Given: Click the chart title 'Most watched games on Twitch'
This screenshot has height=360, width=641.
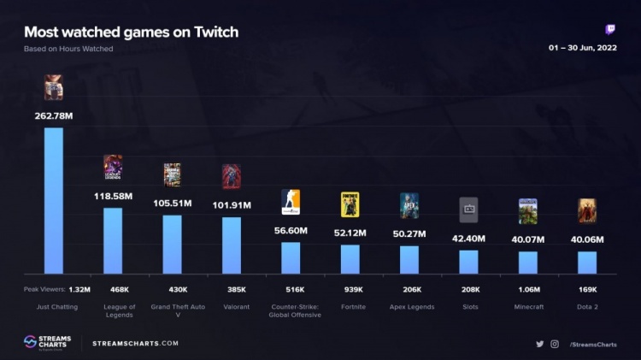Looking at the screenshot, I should click(131, 32).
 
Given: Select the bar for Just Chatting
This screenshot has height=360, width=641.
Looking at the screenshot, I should click(54, 200).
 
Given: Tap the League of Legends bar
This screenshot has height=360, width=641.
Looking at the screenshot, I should click(113, 240).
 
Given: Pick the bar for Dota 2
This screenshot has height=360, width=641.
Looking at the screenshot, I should click(587, 262).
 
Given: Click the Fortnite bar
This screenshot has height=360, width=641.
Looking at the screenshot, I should click(350, 258).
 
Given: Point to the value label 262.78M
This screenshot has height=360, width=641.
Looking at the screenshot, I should click(54, 116).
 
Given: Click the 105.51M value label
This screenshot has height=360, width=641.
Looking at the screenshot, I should click(172, 204).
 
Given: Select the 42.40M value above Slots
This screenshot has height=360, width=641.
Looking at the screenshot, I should click(468, 239).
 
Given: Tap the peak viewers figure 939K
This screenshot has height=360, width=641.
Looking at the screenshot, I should click(350, 290).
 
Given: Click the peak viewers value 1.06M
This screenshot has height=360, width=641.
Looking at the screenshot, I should click(527, 290).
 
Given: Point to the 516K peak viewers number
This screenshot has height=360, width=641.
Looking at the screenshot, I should click(291, 290).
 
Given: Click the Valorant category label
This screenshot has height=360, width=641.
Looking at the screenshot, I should click(232, 307).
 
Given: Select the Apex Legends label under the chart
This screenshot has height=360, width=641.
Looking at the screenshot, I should click(409, 307).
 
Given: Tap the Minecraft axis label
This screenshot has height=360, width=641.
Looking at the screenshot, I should click(527, 307).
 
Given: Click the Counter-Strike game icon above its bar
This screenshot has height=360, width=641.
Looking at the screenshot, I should click(291, 202).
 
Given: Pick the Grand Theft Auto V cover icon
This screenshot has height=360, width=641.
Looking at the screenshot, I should click(172, 174).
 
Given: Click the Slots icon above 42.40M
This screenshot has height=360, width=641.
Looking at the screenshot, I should click(468, 210).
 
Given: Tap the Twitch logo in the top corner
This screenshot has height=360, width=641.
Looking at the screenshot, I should click(610, 29).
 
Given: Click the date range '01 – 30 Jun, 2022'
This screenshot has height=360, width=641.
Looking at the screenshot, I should click(582, 48).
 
